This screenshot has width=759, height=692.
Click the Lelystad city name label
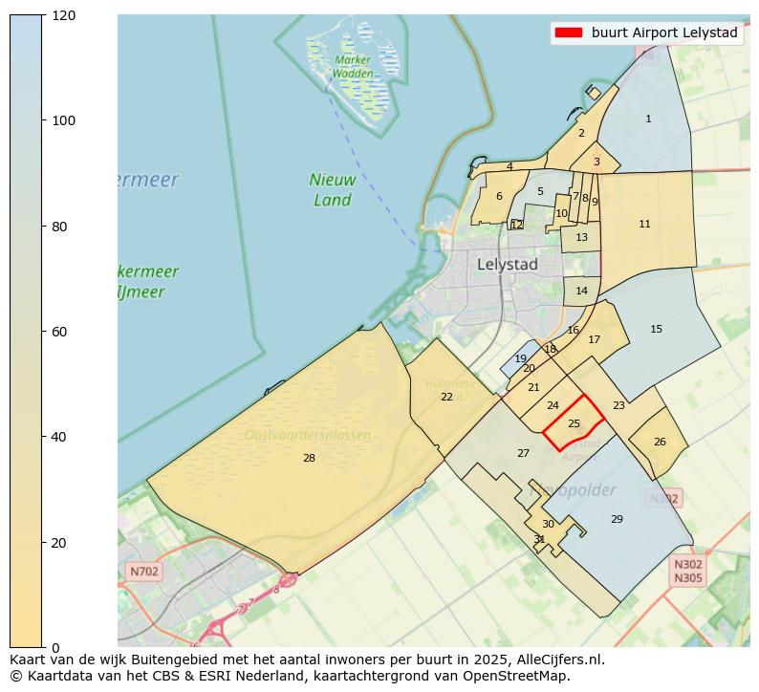point(507,264)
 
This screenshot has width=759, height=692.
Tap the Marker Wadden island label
point(353,67)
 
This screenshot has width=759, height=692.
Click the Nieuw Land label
point(333,190)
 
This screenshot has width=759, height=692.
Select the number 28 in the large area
point(309,459)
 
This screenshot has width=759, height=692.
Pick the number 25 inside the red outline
point(574,423)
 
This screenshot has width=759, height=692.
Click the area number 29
point(617,519)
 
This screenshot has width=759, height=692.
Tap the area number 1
point(648,119)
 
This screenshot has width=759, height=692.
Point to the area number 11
point(644,224)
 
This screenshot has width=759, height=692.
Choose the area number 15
point(656,329)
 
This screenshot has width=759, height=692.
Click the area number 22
point(446,397)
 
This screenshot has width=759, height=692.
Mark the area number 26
point(660,442)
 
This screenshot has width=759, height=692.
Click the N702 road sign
point(143,572)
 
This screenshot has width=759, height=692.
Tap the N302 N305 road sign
point(688,571)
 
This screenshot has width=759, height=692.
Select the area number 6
point(499,196)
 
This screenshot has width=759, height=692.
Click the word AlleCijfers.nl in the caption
point(555,660)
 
